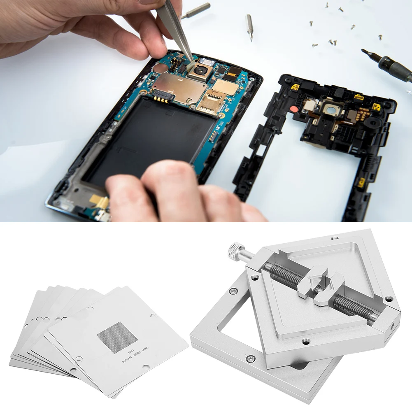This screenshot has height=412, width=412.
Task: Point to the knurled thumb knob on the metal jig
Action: (235, 253)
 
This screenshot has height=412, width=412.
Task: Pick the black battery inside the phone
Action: (148, 136)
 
